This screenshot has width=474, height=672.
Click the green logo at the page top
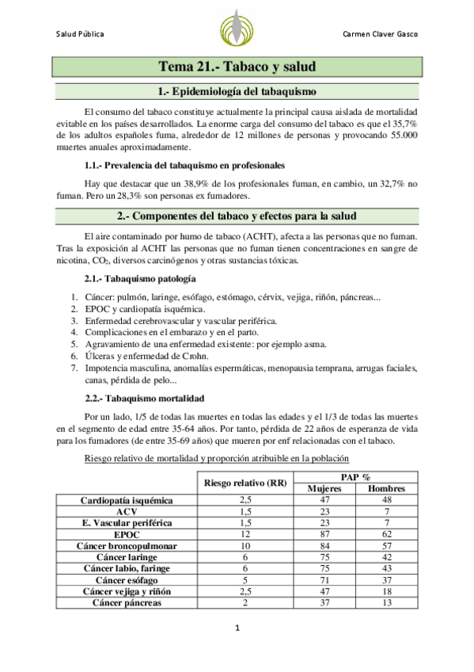coord(236,29)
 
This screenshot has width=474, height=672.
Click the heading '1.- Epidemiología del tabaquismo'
coord(237,92)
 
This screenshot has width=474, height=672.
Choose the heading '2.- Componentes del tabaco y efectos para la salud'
coord(237,216)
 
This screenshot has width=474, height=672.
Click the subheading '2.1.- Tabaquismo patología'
coord(141,280)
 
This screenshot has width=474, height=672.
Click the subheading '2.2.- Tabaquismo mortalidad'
coord(144,397)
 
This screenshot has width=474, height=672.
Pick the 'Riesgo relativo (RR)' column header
coord(245,483)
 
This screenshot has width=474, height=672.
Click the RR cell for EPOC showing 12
coord(245,535)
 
